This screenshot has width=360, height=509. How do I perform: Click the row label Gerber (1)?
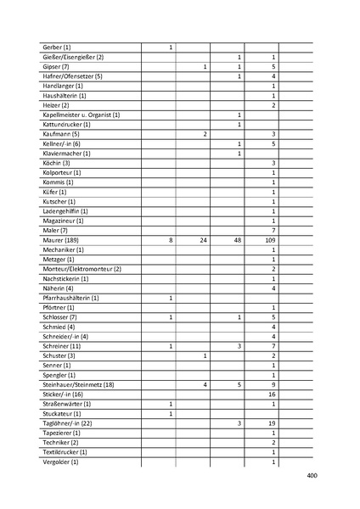[x=56, y=47]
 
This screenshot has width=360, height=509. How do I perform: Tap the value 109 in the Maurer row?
[x=273, y=241]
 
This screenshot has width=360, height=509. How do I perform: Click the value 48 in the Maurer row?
[x=239, y=241]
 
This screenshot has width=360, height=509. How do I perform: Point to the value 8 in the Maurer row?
[x=172, y=241]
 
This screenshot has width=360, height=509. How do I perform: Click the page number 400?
[x=311, y=476]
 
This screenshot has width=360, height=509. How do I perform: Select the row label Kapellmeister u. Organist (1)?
[x=81, y=115]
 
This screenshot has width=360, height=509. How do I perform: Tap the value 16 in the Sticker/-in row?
[x=273, y=394]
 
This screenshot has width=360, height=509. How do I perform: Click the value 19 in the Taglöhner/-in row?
[x=273, y=423]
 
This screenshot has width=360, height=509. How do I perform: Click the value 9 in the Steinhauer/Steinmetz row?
[x=273, y=385]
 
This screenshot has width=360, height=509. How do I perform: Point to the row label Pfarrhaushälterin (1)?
[x=70, y=299]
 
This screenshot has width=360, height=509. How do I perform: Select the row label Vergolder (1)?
[x=59, y=461]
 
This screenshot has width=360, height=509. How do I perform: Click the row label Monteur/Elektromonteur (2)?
[x=82, y=269]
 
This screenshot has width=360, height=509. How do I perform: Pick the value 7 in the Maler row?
[x=273, y=231]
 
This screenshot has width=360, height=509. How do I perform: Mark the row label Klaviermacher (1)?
[x=66, y=154]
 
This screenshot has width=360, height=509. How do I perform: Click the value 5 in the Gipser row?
[x=273, y=66]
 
